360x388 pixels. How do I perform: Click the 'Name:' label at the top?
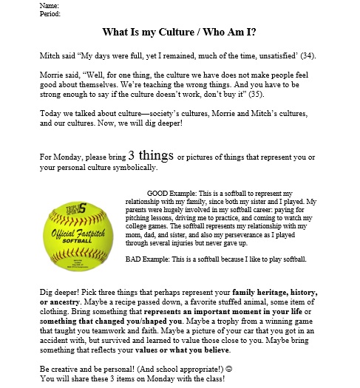point(49,6)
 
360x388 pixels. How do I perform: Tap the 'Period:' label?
point(50,13)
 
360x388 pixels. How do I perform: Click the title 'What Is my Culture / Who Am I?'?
point(180,33)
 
